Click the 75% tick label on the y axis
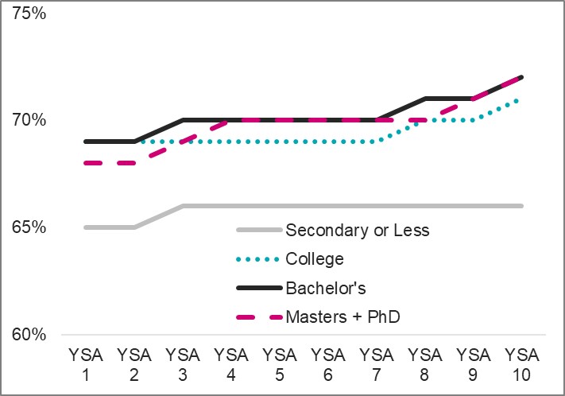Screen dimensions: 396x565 click(x=29, y=14)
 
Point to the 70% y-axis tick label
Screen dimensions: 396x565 click(x=29, y=121)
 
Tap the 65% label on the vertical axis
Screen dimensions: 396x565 click(x=29, y=227)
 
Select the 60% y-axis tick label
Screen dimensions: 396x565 click(x=29, y=335)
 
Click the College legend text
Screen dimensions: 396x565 click(x=315, y=259)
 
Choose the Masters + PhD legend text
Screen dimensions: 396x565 click(x=342, y=316)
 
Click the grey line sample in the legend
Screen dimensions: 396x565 click(x=259, y=231)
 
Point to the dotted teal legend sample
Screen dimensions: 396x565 click(x=259, y=259)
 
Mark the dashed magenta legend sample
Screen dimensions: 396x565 click(x=259, y=316)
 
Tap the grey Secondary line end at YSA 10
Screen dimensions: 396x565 click(x=522, y=206)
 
